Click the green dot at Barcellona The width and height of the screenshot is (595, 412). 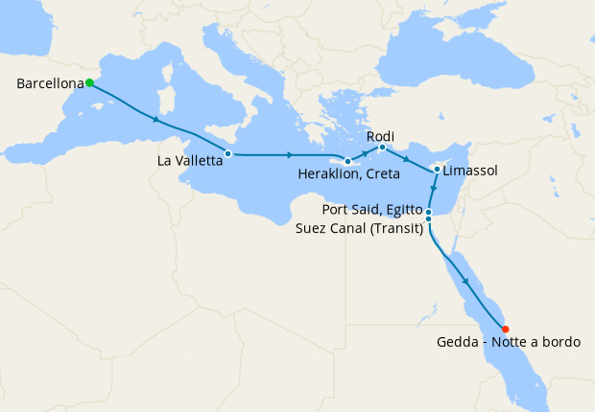pyautogui.click(x=89, y=83)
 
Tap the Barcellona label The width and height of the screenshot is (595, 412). pyautogui.click(x=50, y=84)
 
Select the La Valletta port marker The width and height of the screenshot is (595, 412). pyautogui.click(x=227, y=153)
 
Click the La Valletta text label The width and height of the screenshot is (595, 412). pyautogui.click(x=191, y=161)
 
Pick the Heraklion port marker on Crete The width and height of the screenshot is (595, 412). pyautogui.click(x=347, y=162)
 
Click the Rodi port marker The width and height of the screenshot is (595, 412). pyautogui.click(x=382, y=148)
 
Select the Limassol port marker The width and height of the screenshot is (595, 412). pyautogui.click(x=437, y=170)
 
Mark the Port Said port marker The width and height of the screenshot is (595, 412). pyautogui.click(x=429, y=212)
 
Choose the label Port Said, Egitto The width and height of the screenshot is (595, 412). pyautogui.click(x=373, y=209)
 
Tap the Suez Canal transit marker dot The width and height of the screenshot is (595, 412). pyautogui.click(x=428, y=219)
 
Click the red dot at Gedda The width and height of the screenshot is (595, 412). pyautogui.click(x=506, y=328)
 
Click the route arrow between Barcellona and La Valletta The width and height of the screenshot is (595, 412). pyautogui.click(x=156, y=120)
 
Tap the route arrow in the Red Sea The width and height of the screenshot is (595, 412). pyautogui.click(x=466, y=281)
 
